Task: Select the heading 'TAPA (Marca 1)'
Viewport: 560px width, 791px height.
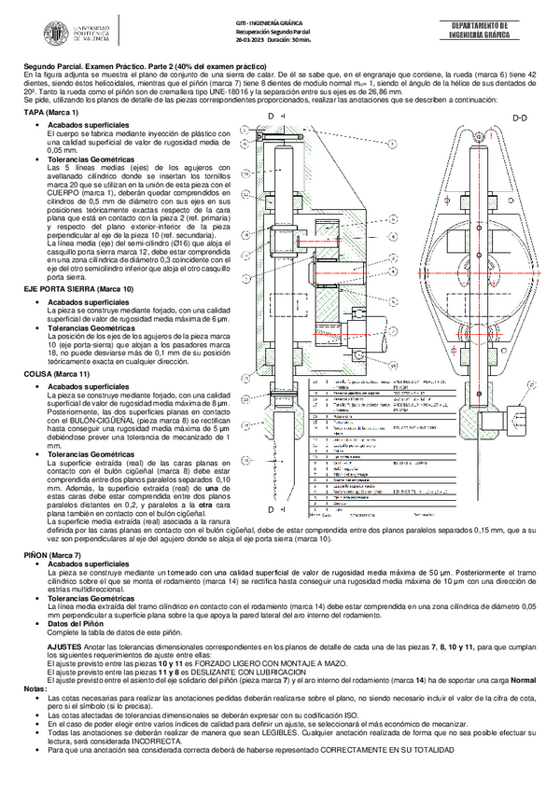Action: coord(52,113)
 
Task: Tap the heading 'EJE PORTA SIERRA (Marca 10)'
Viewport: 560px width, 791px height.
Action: coord(72,290)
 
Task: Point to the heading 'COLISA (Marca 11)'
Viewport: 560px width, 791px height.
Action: coord(56,372)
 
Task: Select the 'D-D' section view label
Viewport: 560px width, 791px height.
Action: coord(520,118)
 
